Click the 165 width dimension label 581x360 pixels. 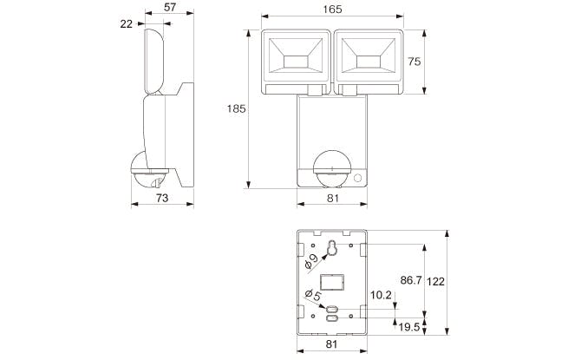[x=332, y=10]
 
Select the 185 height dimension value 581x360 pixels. [x=236, y=108]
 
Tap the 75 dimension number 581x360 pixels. [x=415, y=62]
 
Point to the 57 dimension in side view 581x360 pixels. [x=170, y=7]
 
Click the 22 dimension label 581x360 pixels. [x=127, y=23]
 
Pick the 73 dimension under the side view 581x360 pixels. [x=162, y=198]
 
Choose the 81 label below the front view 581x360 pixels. [x=333, y=198]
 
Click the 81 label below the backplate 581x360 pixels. [x=331, y=344]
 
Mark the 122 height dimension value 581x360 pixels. [x=435, y=282]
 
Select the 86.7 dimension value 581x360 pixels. [x=411, y=280]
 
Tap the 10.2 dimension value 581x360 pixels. [x=381, y=295]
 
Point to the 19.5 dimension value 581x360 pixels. [x=409, y=327]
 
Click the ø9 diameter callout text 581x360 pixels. [x=311, y=261]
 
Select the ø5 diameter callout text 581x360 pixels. [x=313, y=295]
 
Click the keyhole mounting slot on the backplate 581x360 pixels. [x=332, y=247]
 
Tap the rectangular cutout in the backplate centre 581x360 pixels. [x=332, y=283]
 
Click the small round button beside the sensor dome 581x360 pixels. [x=357, y=178]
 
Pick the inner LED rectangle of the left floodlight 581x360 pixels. [x=296, y=62]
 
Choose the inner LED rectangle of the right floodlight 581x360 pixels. [x=369, y=62]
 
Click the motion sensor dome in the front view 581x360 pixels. [x=332, y=168]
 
